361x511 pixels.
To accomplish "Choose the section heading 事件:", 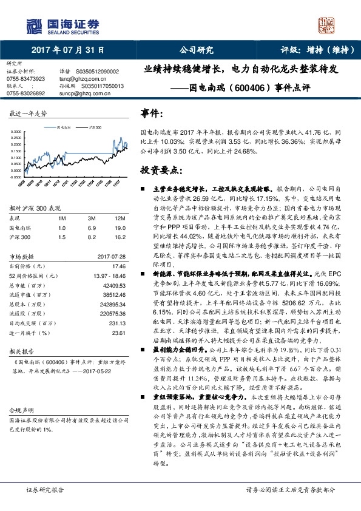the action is [x=152, y=113].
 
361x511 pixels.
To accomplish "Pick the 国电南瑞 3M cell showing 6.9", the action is [x=92, y=226].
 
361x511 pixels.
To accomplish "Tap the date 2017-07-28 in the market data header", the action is [x=110, y=255].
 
